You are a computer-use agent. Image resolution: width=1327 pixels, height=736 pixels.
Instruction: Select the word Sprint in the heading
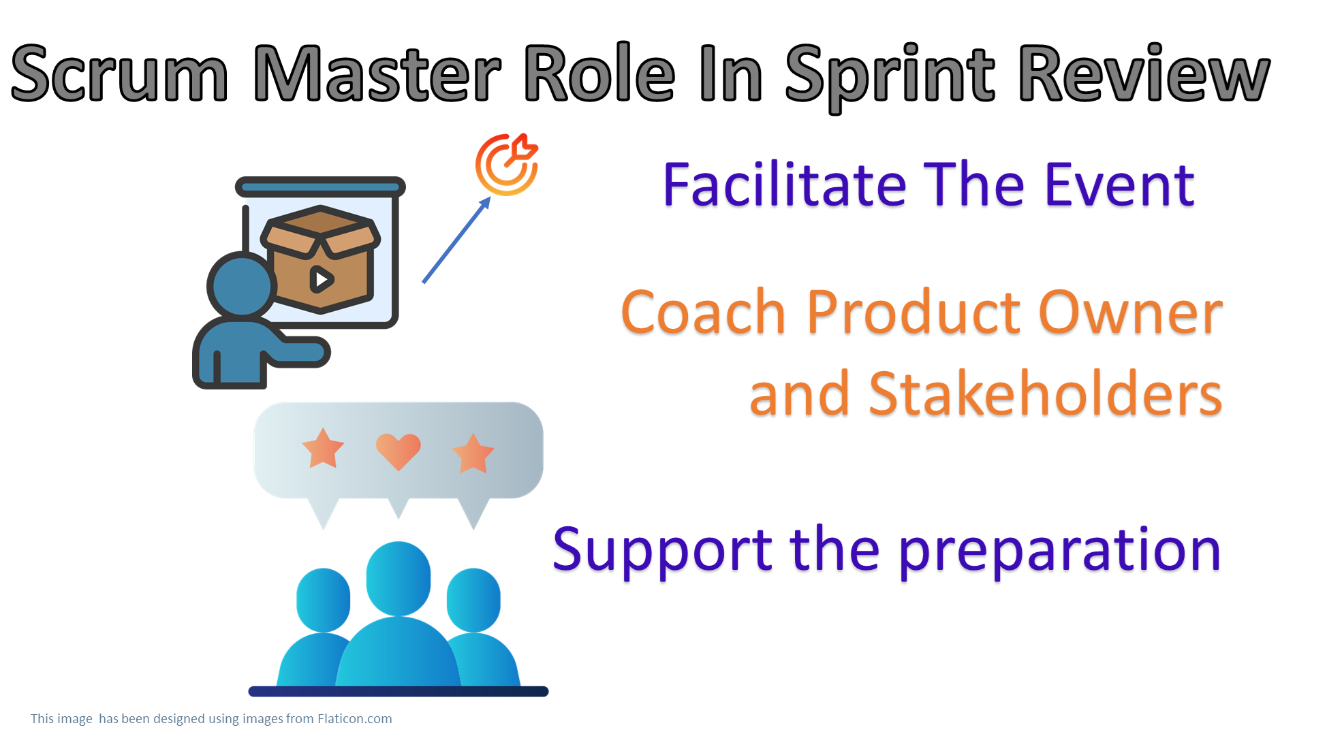890,75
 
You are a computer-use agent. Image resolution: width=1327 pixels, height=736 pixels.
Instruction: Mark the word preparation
1059,550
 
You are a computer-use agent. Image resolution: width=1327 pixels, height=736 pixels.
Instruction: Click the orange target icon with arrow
507,165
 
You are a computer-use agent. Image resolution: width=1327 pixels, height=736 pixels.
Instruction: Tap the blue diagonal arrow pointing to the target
456,240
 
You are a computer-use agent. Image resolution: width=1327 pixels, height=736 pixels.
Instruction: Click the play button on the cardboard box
322,278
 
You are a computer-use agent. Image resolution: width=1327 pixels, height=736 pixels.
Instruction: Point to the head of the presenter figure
242,285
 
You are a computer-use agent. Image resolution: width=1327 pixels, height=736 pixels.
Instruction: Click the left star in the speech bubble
323,449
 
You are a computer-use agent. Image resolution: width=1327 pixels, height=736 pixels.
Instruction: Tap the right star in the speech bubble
473,453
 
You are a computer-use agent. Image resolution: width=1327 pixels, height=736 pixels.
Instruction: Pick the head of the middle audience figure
399,577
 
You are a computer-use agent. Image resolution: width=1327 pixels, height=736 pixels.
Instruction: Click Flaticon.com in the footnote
354,719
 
